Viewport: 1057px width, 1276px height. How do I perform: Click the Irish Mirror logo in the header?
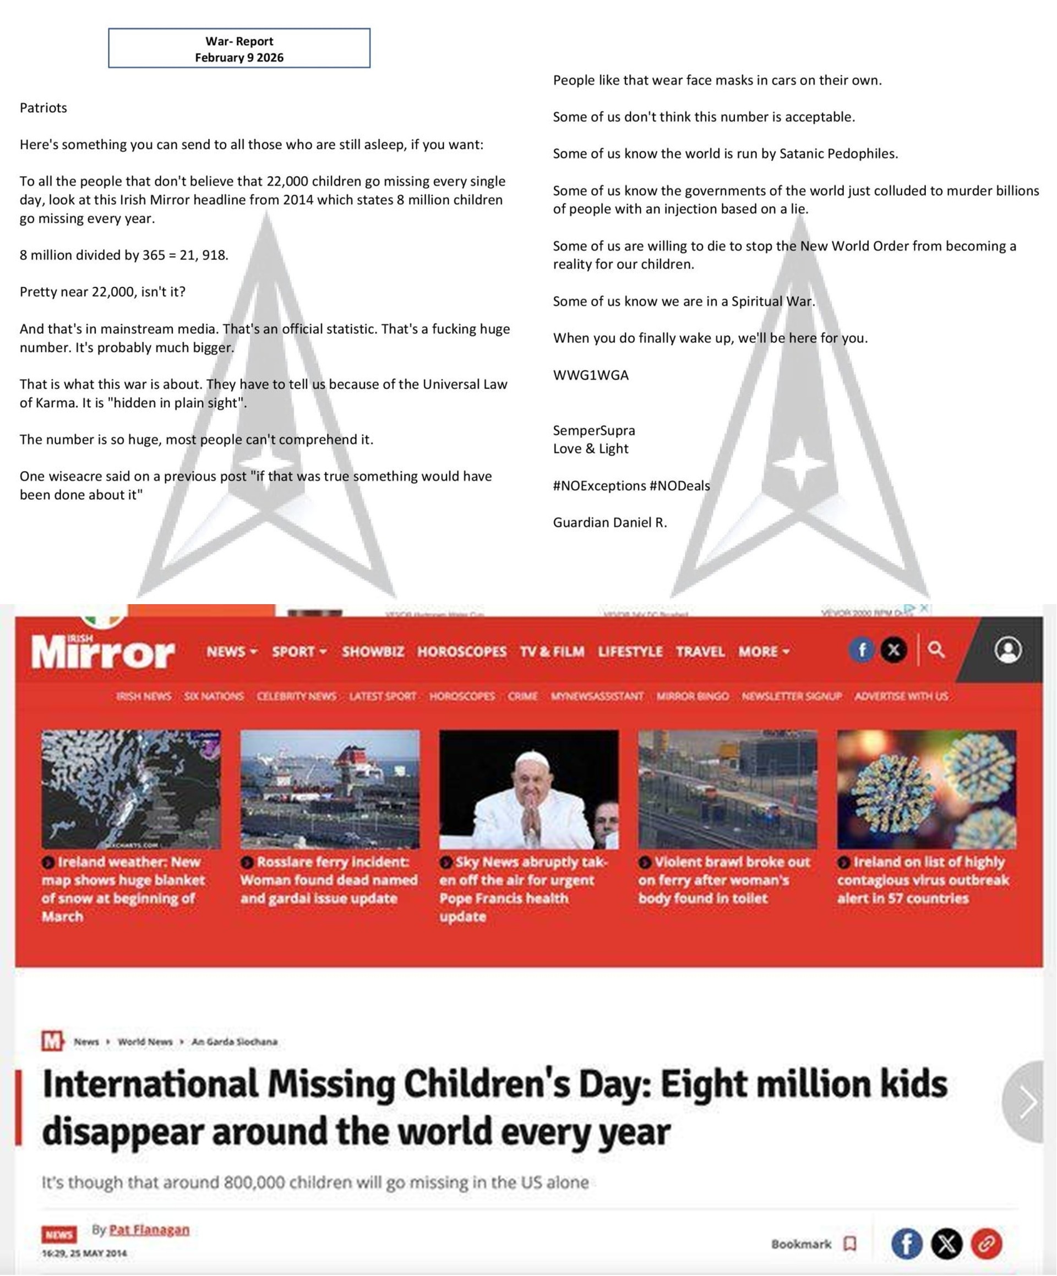click(103, 651)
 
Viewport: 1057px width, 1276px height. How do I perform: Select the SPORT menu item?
click(298, 651)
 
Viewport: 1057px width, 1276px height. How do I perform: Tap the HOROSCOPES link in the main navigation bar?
click(461, 651)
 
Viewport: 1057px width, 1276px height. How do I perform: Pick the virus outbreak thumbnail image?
click(926, 788)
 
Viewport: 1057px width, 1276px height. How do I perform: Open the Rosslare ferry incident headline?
click(329, 880)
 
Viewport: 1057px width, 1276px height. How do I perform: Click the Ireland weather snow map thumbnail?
click(130, 788)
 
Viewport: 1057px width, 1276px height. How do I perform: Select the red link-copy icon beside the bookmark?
click(986, 1244)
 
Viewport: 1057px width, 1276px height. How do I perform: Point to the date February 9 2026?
click(239, 58)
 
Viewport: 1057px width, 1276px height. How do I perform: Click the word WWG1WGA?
click(590, 375)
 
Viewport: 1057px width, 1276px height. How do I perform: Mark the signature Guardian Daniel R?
click(609, 523)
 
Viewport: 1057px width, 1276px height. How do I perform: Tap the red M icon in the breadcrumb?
click(52, 1041)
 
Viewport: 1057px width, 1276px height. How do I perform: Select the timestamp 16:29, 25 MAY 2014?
click(84, 1253)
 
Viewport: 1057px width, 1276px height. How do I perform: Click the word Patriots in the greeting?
click(43, 107)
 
